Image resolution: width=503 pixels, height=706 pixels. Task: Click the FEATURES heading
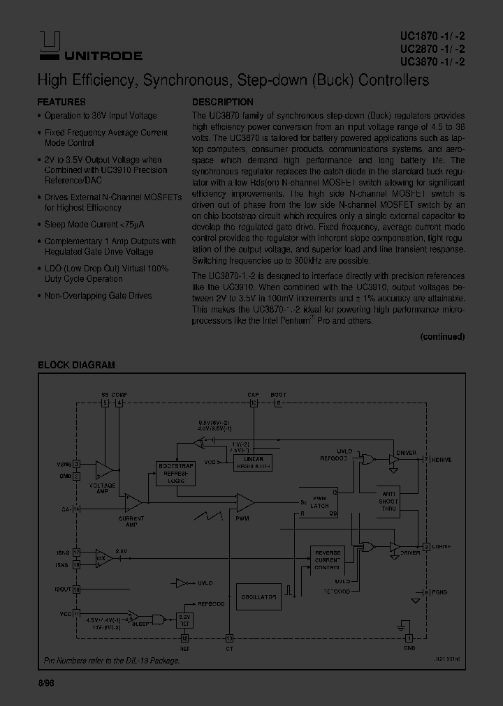pyautogui.click(x=61, y=102)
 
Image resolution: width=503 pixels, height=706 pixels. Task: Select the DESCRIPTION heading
pyautogui.click(x=222, y=102)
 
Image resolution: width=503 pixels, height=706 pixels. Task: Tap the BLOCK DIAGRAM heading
pyautogui.click(x=76, y=365)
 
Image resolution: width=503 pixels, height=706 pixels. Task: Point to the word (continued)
pyautogui.click(x=442, y=336)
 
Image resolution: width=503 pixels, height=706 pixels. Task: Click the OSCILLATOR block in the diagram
pyautogui.click(x=258, y=597)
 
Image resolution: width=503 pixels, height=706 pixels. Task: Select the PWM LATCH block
pyautogui.click(x=319, y=502)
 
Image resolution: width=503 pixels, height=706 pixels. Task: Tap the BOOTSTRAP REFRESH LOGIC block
pyautogui.click(x=175, y=474)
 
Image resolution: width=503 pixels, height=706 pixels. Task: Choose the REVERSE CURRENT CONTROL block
pyautogui.click(x=328, y=560)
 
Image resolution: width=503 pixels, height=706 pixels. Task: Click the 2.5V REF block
pyautogui.click(x=184, y=621)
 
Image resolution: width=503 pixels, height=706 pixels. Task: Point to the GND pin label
pyautogui.click(x=409, y=648)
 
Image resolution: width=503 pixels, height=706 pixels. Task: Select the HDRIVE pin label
pyautogui.click(x=442, y=460)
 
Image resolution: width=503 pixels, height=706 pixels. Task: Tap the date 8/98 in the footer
pyautogui.click(x=46, y=686)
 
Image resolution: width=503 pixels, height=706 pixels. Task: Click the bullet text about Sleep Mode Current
pyautogui.click(x=89, y=225)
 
